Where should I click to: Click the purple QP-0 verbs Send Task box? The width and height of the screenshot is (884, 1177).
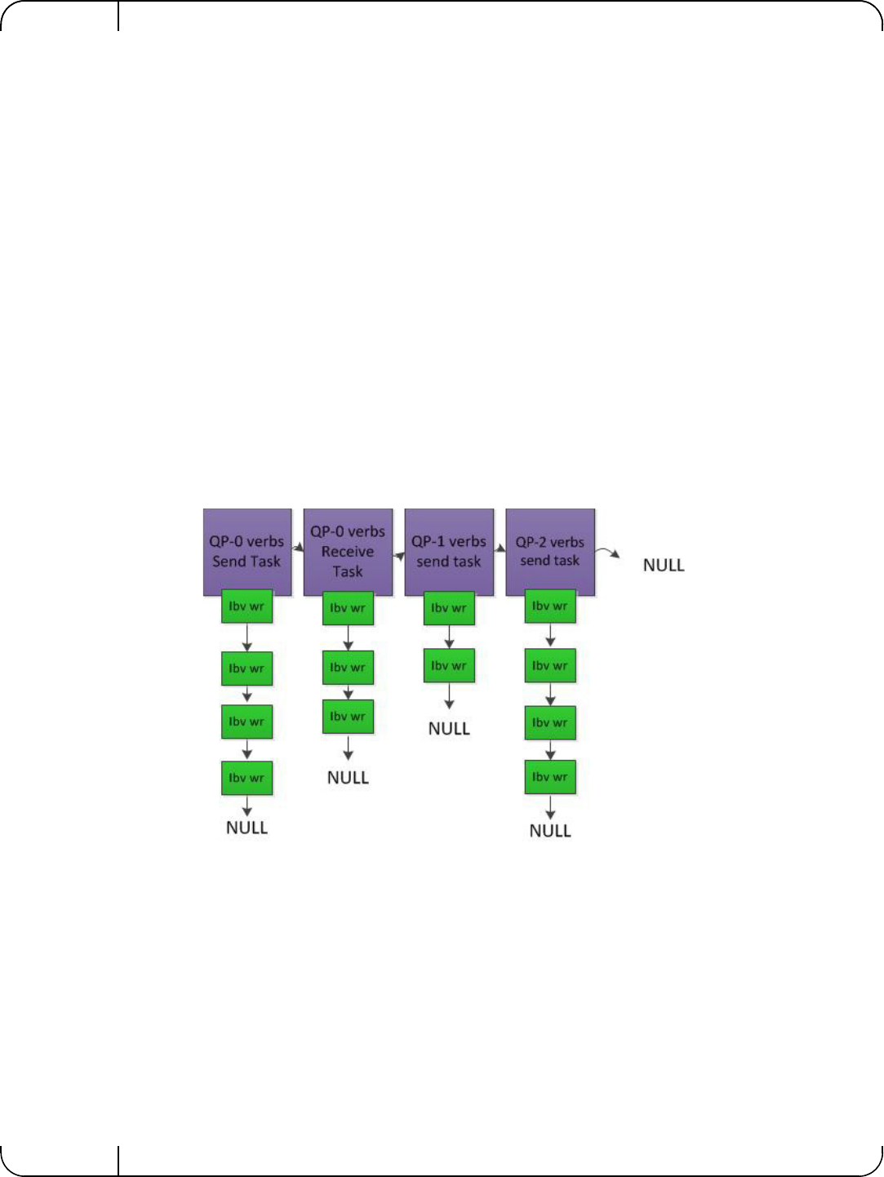[247, 552]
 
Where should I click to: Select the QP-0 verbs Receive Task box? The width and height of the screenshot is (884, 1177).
[348, 552]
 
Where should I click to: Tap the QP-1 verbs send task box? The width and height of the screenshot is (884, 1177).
[449, 552]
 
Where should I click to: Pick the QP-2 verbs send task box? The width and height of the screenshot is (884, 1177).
[550, 552]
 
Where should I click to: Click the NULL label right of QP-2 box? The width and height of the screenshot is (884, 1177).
[664, 565]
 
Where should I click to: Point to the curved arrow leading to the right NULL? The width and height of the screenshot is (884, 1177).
[607, 553]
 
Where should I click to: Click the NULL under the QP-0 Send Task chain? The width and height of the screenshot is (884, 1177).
[247, 828]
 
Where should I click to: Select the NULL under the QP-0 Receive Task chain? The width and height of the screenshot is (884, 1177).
[348, 778]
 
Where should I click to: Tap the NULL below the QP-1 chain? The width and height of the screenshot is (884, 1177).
[449, 728]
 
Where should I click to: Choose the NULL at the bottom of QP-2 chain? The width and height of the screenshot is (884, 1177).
[550, 830]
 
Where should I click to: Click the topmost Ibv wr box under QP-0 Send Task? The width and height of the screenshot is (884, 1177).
[247, 606]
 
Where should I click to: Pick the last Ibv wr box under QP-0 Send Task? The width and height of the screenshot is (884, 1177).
[247, 778]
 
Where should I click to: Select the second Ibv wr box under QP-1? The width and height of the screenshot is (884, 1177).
[449, 666]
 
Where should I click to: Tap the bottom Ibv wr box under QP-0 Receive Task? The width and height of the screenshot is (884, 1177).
[348, 717]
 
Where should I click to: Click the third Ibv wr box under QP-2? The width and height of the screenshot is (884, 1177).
[550, 722]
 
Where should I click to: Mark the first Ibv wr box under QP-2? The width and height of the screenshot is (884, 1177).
[550, 606]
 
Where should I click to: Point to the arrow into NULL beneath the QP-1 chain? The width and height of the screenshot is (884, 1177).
[449, 695]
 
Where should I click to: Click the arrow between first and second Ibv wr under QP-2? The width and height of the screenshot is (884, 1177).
[550, 635]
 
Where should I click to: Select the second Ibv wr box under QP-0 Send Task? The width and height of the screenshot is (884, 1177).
[247, 668]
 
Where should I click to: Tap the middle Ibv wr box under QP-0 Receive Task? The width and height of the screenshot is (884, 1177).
[348, 668]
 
